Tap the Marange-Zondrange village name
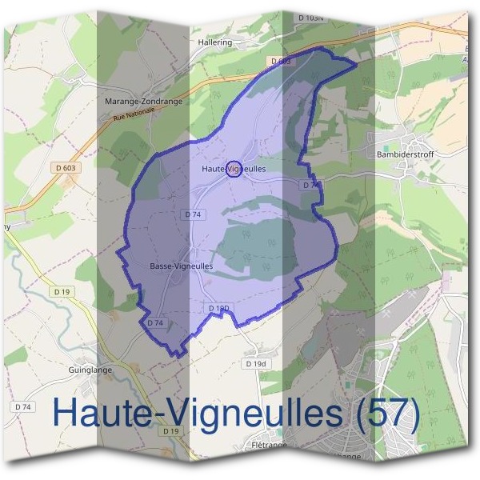144,102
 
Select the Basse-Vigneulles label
181,266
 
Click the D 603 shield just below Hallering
281,61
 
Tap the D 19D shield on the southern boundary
218,308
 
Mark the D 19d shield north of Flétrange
255,364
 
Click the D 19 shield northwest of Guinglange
64,292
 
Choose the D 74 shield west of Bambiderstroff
310,185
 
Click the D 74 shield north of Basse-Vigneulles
193,214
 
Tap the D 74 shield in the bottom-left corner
25,407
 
